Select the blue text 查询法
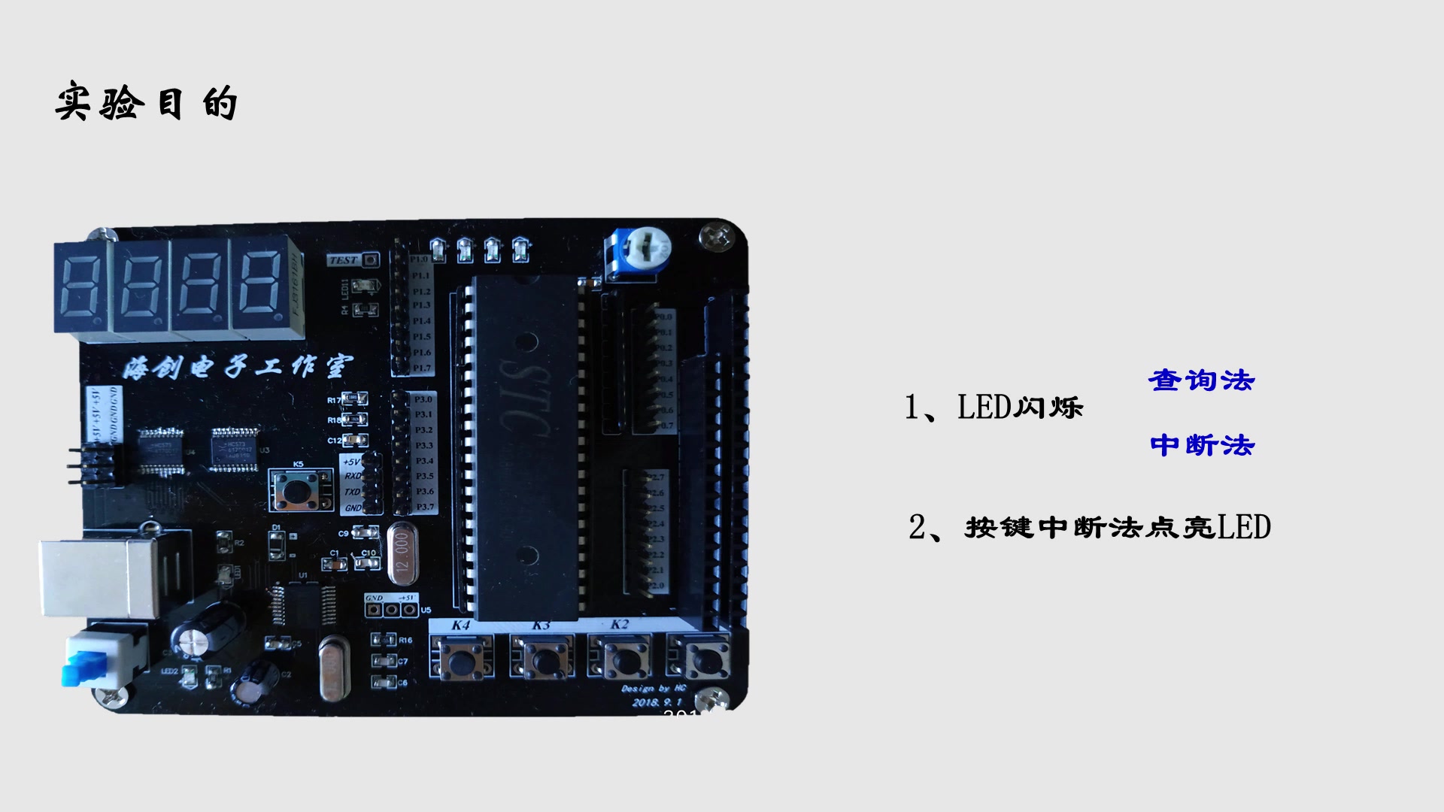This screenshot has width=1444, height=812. [1201, 380]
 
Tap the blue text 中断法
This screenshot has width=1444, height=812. [1202, 445]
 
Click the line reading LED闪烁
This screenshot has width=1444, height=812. [994, 408]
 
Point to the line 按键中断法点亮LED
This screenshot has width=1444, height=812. [1090, 527]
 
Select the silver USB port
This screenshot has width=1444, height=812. [98, 575]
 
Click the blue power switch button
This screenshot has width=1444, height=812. [81, 668]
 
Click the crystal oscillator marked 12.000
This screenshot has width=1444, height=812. [402, 555]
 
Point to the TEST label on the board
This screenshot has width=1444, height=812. [344, 260]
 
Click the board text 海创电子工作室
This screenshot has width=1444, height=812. [236, 368]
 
